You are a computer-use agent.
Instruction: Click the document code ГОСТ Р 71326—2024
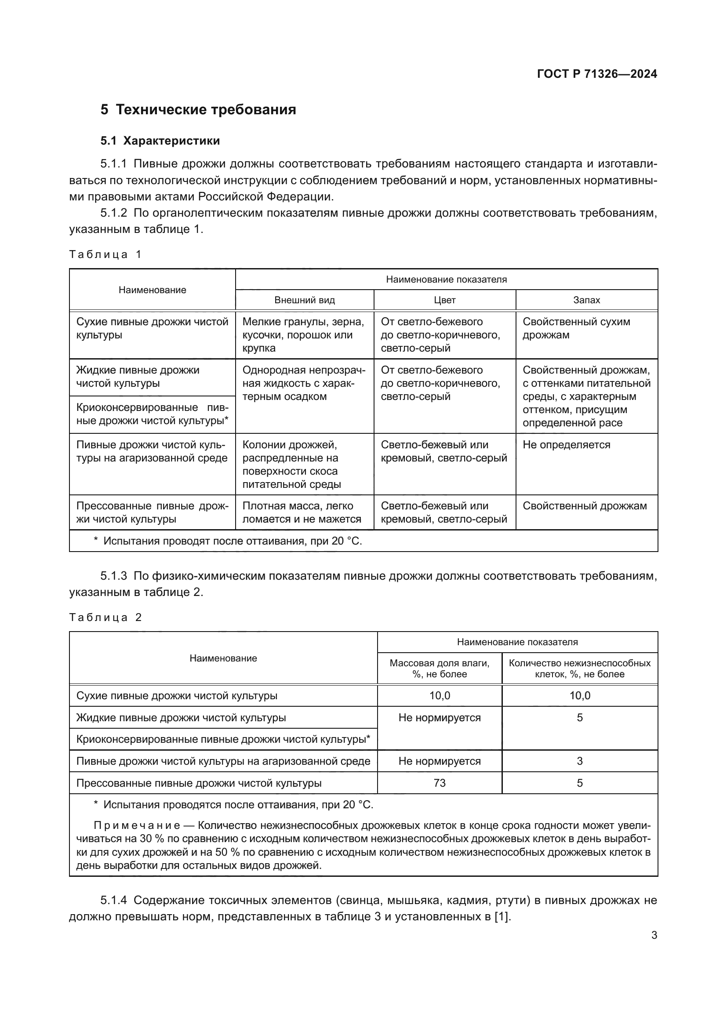tap(597, 74)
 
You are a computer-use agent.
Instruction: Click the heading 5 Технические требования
tap(198, 109)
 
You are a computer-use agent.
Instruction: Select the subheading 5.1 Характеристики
tap(160, 141)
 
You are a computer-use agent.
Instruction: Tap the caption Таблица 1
tap(105, 254)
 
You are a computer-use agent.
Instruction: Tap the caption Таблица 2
tap(105, 618)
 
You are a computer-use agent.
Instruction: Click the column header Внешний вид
tap(305, 300)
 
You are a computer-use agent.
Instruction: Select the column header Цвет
tap(444, 300)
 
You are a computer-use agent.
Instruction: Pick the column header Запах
tap(586, 300)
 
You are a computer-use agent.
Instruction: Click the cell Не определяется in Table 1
tap(566, 445)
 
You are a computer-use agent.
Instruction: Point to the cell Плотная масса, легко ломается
tap(301, 512)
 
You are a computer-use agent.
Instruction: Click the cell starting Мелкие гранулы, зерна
tap(303, 334)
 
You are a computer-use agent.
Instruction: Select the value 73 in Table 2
tap(440, 783)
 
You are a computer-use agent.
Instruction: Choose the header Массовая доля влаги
tap(440, 668)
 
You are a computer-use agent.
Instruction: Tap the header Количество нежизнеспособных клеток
tap(580, 668)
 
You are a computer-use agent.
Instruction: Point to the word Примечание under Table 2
tap(137, 825)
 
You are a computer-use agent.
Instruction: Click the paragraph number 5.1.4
tap(114, 900)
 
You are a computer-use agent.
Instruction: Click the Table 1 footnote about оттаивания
tap(227, 541)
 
